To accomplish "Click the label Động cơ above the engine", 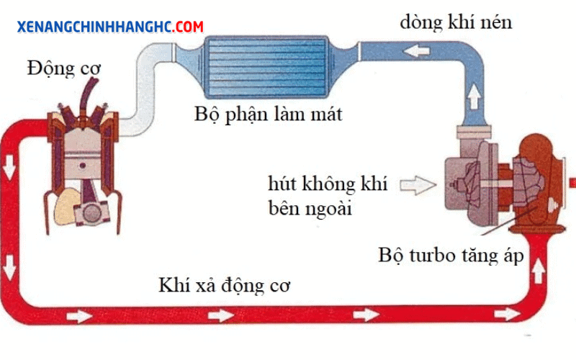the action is point(63,68).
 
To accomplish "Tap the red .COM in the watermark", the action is point(188,27).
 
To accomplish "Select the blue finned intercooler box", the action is point(266,67).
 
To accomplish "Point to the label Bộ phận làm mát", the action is point(268,114).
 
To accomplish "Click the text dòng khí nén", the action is point(456,22).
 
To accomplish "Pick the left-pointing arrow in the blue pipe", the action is point(416,50).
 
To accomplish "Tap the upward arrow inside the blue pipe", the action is point(474,96).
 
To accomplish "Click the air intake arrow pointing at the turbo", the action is point(418,185).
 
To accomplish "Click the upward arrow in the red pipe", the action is point(538,271).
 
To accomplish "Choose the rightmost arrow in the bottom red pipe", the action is point(507,314).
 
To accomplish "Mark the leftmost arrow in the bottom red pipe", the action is point(79,316).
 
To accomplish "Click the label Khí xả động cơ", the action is point(224,285).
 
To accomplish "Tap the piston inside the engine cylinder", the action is point(83,161).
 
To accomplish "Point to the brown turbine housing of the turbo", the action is point(538,184).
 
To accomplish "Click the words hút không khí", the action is point(328,184).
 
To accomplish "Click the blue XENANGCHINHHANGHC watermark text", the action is point(95,27).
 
